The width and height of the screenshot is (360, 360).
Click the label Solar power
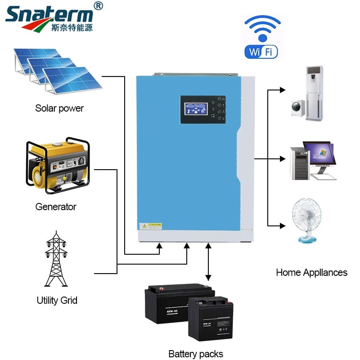(x=59, y=108)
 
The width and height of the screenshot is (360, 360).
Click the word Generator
(x=56, y=207)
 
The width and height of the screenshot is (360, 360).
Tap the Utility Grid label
(x=57, y=300)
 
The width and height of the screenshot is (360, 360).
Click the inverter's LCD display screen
(x=196, y=109)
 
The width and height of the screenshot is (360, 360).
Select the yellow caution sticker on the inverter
(x=150, y=225)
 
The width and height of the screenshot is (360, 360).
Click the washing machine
(x=298, y=107)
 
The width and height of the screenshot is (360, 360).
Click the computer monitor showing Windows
(x=318, y=154)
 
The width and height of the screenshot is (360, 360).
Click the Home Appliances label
(x=311, y=272)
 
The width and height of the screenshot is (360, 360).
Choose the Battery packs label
(x=196, y=354)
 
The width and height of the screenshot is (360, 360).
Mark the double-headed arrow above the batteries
(x=208, y=261)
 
